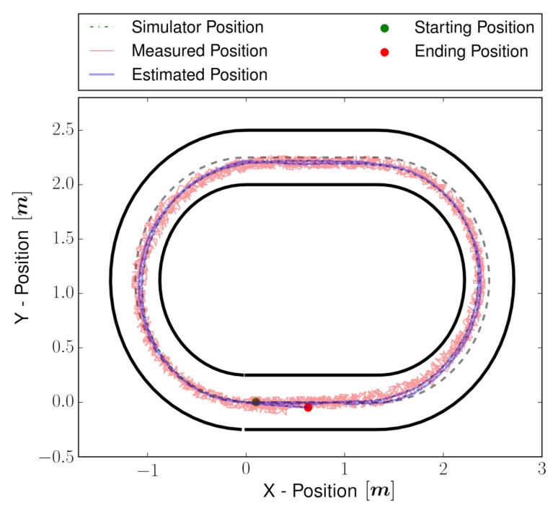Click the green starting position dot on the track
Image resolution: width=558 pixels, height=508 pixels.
256,401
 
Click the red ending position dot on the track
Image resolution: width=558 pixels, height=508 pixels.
308,407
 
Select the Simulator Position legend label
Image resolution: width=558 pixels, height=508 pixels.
197,28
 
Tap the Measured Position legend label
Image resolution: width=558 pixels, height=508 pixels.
200,51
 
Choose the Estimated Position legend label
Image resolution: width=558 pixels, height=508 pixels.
200,74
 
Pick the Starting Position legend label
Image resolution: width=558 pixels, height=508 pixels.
474,28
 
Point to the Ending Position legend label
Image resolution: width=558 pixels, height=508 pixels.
471,51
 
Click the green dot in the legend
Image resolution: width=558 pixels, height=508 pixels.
384,28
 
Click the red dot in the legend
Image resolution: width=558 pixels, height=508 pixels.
384,52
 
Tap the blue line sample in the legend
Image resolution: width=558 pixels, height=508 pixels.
101,75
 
